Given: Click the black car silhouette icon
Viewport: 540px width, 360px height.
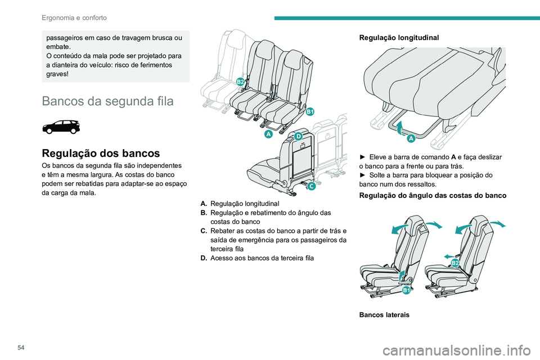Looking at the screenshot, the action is pyautogui.click(x=61, y=127).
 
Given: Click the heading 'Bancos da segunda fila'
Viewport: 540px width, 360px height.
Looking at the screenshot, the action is pyautogui.click(x=107, y=101).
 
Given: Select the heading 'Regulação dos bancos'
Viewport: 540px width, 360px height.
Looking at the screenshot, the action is pyautogui.click(x=101, y=153).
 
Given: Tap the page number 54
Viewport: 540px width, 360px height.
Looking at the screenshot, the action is pyautogui.click(x=21, y=348).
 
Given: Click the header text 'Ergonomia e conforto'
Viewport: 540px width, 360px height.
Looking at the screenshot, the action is pyautogui.click(x=74, y=17).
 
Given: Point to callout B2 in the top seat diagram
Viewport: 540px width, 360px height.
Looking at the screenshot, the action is pyautogui.click(x=240, y=82).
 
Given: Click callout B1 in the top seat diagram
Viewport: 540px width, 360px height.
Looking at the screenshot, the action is pyautogui.click(x=310, y=111).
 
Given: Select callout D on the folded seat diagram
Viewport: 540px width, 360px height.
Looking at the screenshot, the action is pyautogui.click(x=298, y=136).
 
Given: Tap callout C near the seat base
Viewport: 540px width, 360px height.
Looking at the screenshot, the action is pyautogui.click(x=311, y=186).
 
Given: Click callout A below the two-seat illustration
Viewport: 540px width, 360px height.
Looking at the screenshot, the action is pyautogui.click(x=268, y=134).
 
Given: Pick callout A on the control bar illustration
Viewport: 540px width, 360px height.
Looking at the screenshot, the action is pyautogui.click(x=411, y=138).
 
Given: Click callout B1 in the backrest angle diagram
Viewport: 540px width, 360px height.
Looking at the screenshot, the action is pyautogui.click(x=406, y=290).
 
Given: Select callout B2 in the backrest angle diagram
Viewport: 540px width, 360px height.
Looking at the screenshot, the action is pyautogui.click(x=455, y=263).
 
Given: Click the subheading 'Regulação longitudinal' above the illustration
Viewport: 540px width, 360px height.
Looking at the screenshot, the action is pyautogui.click(x=399, y=38).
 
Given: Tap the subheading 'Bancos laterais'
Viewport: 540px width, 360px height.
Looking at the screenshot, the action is pyautogui.click(x=384, y=315).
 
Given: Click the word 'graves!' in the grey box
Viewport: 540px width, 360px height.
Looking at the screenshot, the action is pyautogui.click(x=57, y=74).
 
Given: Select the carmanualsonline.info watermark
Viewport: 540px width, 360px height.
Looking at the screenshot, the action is pyautogui.click(x=456, y=351).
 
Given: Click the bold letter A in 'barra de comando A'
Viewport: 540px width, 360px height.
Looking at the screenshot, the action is pyautogui.click(x=453, y=157).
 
